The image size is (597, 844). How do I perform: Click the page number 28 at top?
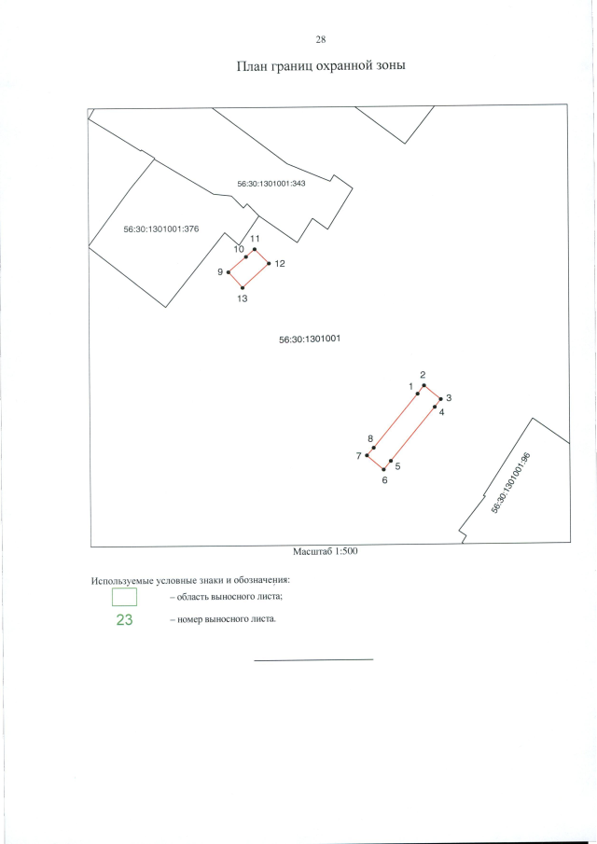(x=320, y=39)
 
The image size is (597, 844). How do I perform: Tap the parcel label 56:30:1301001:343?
(x=271, y=184)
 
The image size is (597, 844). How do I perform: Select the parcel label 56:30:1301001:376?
(x=161, y=228)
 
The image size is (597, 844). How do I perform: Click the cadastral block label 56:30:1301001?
(x=309, y=339)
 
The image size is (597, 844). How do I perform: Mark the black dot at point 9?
(x=229, y=272)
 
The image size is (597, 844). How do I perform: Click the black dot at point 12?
(x=269, y=264)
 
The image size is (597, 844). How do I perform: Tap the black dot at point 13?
(x=243, y=287)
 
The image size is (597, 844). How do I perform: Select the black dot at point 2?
(x=423, y=385)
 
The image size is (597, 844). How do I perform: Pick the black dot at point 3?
(x=440, y=398)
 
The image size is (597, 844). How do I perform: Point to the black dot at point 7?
(x=367, y=455)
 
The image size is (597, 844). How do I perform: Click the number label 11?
(x=254, y=239)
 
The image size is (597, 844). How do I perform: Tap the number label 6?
(x=384, y=480)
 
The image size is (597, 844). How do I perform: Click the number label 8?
(x=370, y=438)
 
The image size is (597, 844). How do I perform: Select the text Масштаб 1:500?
(x=326, y=551)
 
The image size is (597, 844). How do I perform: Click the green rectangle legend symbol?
(x=124, y=597)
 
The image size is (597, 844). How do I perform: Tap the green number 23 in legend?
(x=124, y=620)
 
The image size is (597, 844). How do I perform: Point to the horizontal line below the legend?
(x=313, y=659)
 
